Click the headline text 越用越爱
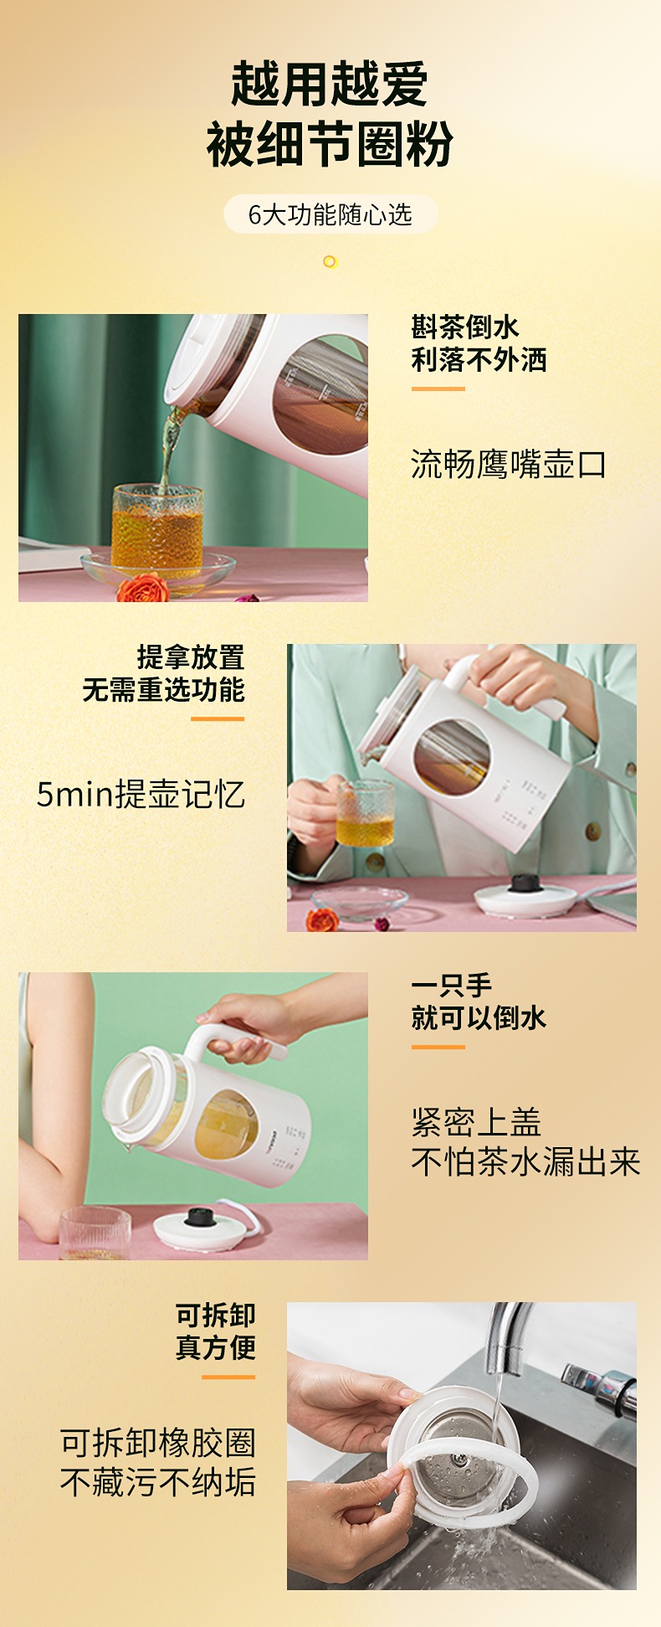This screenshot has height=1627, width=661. click(x=330, y=84)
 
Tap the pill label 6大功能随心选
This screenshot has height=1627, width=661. click(x=330, y=214)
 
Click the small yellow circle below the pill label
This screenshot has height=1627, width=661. click(x=330, y=262)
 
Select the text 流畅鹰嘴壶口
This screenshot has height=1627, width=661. click(x=508, y=464)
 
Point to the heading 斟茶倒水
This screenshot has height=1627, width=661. click(x=465, y=327)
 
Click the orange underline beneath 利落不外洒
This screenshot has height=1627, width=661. click(x=438, y=389)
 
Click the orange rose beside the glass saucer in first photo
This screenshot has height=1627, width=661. click(x=142, y=589)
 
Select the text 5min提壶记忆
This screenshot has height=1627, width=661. click(x=141, y=794)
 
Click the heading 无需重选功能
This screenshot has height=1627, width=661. click(x=163, y=690)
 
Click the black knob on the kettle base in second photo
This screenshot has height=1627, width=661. click(x=525, y=882)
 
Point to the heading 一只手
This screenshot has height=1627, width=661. click(x=452, y=985)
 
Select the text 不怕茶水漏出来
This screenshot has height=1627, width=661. click(x=525, y=1161)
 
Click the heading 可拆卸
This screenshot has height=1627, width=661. click(x=215, y=1315)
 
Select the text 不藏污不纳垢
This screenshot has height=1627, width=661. click(x=157, y=1482)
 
